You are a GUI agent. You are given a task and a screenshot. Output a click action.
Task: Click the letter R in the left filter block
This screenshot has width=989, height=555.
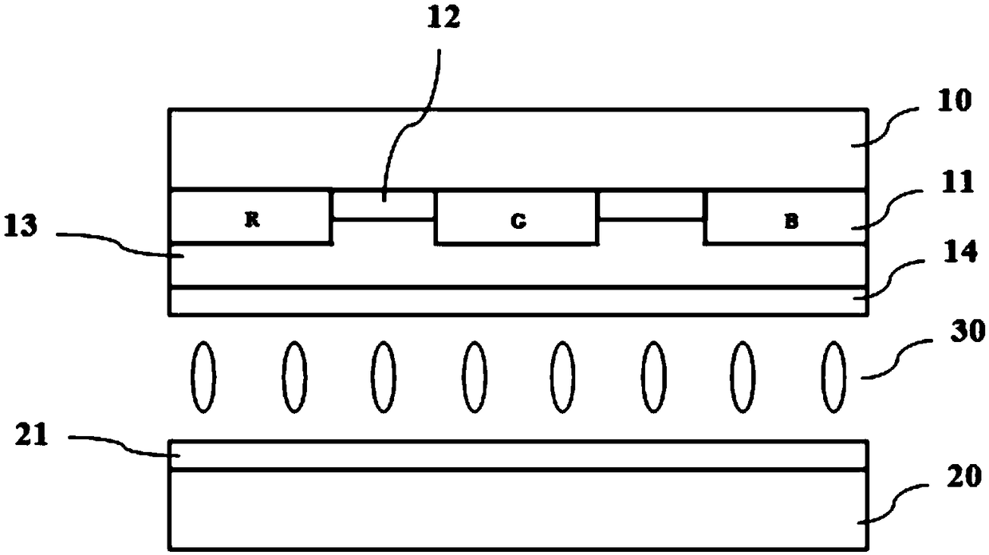click(250, 221)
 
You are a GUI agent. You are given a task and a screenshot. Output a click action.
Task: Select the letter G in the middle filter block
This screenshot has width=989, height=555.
click(518, 222)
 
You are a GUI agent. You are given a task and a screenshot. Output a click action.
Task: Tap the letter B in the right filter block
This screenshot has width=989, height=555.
click(790, 222)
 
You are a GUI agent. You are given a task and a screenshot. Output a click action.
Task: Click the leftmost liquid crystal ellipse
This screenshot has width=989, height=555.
click(203, 376)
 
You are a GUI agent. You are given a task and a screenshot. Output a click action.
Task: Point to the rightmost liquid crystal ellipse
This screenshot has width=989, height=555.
click(834, 376)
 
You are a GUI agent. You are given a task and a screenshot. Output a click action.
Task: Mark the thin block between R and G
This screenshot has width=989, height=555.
click(383, 205)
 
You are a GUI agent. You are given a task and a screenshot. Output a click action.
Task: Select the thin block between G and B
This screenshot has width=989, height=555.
click(652, 205)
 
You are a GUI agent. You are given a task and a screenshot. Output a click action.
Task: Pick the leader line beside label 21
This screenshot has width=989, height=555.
click(120, 445)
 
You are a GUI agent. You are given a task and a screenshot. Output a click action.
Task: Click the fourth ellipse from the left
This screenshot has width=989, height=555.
click(474, 376)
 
